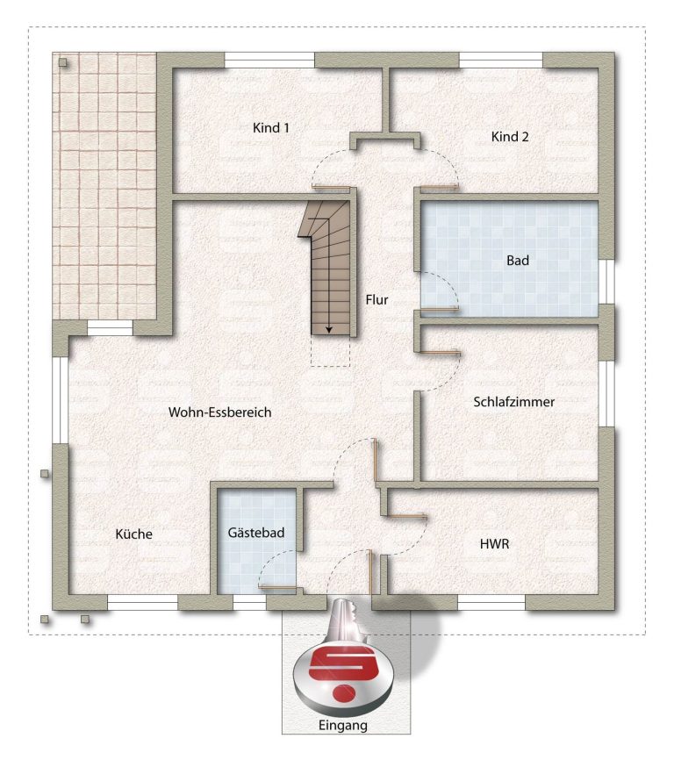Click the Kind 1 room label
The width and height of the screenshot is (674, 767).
(271, 127)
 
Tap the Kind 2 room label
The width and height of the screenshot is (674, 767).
(510, 137)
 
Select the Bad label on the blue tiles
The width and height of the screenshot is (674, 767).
(518, 261)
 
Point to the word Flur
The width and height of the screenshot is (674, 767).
(376, 299)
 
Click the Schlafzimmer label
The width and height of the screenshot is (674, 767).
(513, 402)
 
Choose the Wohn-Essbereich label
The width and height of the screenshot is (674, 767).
(219, 412)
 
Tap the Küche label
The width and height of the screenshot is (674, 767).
(133, 534)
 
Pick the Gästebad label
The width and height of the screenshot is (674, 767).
(255, 532)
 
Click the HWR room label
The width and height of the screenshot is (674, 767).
(494, 543)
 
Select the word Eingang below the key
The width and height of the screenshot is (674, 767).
(343, 725)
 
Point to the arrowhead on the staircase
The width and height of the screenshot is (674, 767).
(329, 330)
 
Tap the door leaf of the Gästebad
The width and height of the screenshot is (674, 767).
(277, 586)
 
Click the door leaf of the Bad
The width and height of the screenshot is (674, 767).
(440, 308)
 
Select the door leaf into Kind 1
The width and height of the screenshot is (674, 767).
(331, 186)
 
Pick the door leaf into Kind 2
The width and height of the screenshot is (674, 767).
(440, 186)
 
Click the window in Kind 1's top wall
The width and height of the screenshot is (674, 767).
(269, 60)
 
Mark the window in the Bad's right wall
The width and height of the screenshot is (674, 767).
(606, 282)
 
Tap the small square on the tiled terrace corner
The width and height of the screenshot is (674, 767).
(62, 62)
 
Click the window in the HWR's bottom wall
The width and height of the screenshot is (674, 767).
(491, 602)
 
